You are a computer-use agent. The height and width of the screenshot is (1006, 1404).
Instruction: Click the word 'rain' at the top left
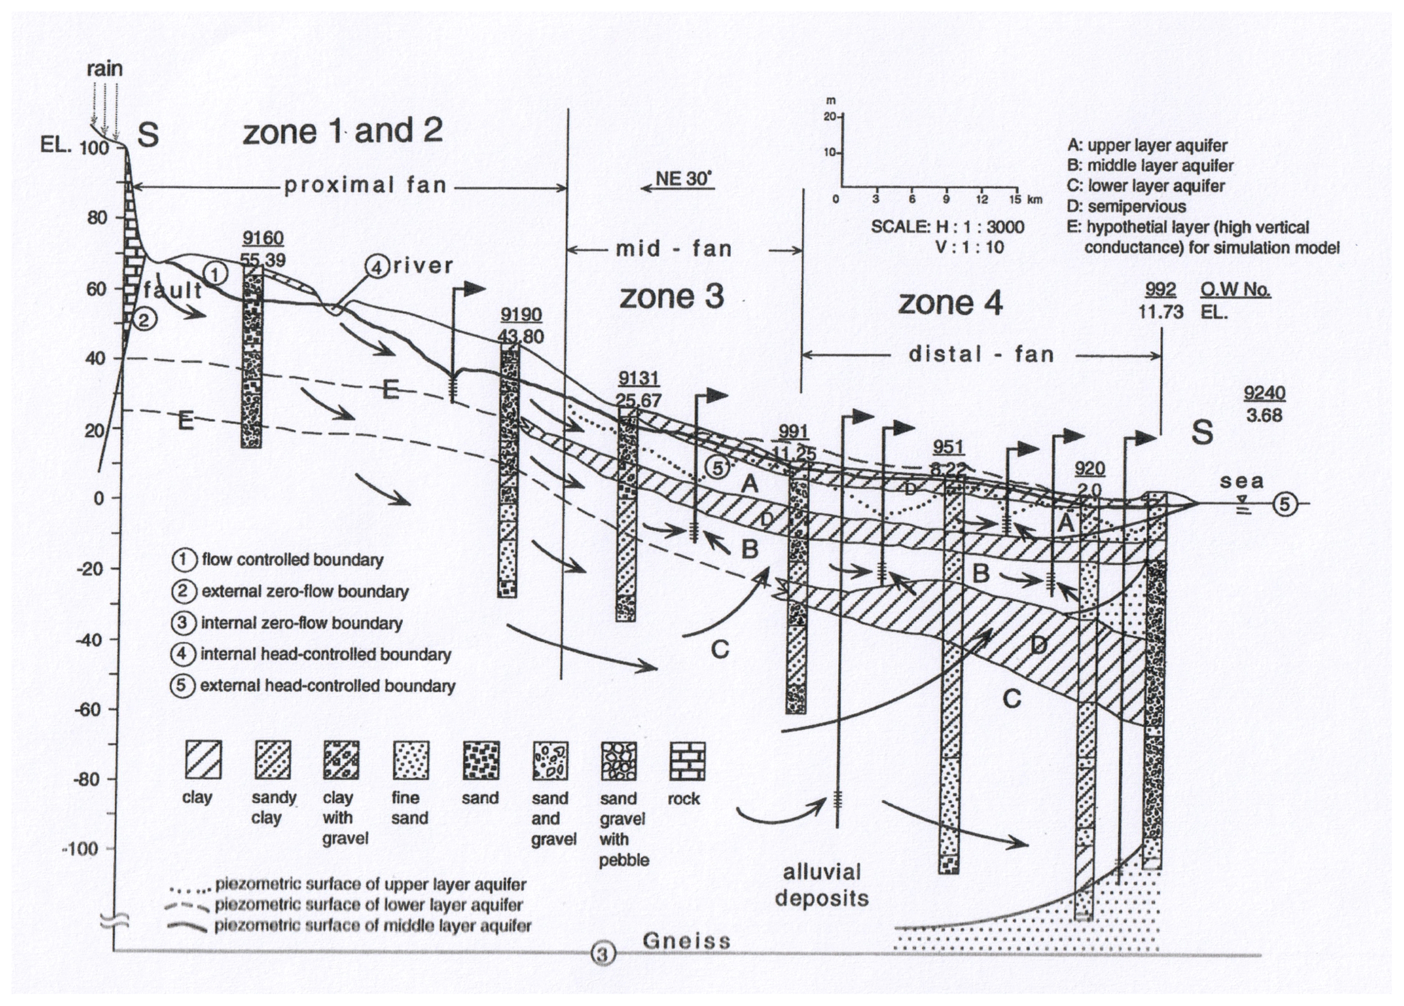[105, 69]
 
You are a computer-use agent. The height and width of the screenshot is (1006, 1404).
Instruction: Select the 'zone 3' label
[671, 297]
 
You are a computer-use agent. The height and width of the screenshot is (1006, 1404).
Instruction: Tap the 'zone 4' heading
[950, 303]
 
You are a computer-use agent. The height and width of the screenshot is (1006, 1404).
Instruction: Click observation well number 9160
[263, 238]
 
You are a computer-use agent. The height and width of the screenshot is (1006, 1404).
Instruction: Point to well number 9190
[521, 315]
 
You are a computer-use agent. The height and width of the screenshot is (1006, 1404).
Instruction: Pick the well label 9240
[1264, 393]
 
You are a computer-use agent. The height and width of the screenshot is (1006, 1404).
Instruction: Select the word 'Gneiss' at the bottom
[687, 941]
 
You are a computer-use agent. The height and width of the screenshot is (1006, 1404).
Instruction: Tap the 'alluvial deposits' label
[822, 885]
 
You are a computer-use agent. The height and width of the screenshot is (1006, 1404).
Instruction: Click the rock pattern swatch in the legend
[687, 760]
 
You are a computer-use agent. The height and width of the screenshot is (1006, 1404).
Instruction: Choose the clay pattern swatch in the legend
[203, 760]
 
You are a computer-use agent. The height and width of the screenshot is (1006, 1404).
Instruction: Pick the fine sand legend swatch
[410, 760]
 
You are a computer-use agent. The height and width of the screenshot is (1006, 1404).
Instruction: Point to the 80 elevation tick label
[98, 218]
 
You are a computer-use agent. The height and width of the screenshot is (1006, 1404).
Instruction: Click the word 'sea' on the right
[1241, 482]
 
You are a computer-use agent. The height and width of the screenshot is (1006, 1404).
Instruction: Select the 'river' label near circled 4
[422, 266]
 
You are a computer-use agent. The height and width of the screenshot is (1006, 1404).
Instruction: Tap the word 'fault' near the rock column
[173, 291]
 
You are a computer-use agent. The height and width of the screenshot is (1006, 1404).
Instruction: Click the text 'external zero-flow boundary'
[305, 592]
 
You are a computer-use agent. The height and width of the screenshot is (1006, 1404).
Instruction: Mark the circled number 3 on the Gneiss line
[602, 954]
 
